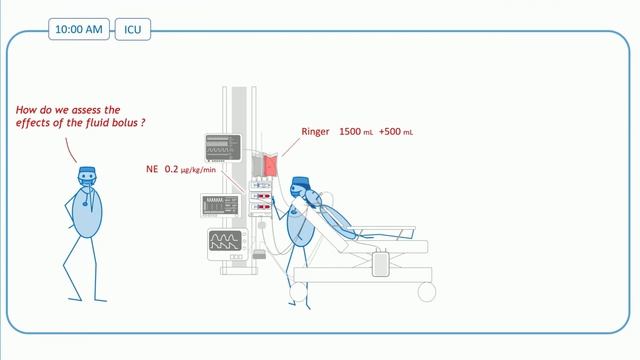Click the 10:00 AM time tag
click(x=79, y=29)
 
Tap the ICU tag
click(x=131, y=29)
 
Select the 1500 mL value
click(x=357, y=132)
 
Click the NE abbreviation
click(x=153, y=170)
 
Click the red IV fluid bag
click(x=269, y=165)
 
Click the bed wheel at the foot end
click(x=428, y=291)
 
